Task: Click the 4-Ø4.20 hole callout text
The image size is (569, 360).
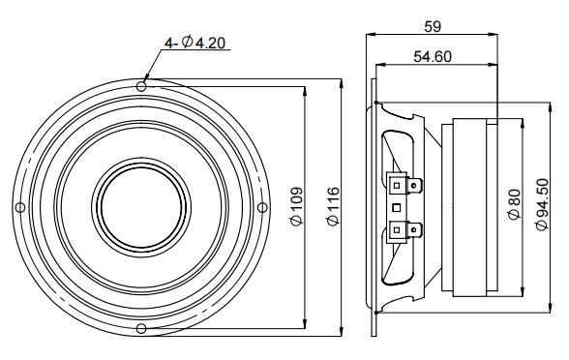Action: [x=195, y=43]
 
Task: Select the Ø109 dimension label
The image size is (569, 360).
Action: [x=296, y=206]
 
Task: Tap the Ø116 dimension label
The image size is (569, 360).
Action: [x=333, y=206]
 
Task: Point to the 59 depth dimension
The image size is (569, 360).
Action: [x=433, y=26]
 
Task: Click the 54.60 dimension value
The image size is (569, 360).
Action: [x=433, y=56]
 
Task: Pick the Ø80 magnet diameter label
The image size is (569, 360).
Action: [x=515, y=205]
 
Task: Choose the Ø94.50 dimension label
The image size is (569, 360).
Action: [x=542, y=204]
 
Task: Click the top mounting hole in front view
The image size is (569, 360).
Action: [x=141, y=86]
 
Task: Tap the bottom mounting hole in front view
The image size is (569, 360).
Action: [x=141, y=329]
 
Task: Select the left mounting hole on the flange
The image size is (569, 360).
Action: [x=20, y=207]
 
